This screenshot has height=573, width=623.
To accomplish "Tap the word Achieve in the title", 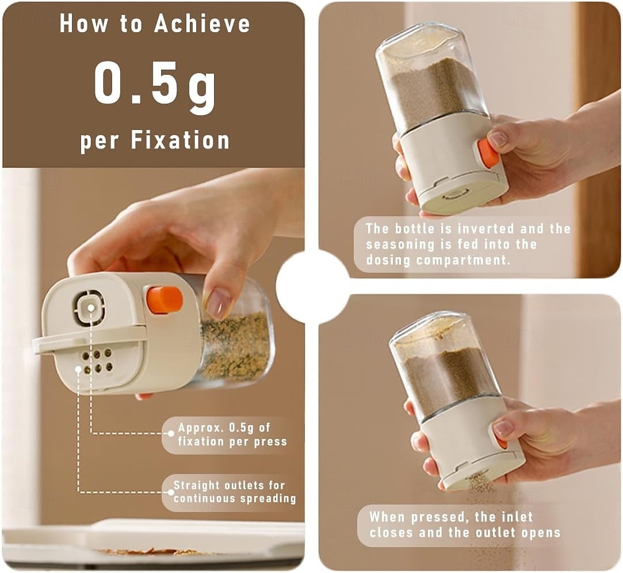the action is (202, 24).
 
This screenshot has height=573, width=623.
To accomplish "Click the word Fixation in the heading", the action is (181, 140).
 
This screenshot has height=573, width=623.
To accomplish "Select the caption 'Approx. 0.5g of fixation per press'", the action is (232, 435).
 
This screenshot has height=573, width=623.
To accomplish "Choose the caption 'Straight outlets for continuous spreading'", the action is (235, 492).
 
